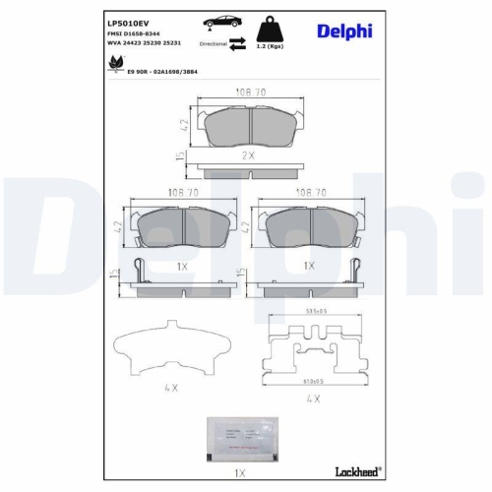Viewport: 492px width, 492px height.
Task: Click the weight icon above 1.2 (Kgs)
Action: tap(263, 27)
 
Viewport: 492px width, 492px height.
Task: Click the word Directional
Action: tap(214, 44)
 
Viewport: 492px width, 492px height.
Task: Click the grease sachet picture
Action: tap(243, 436)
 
